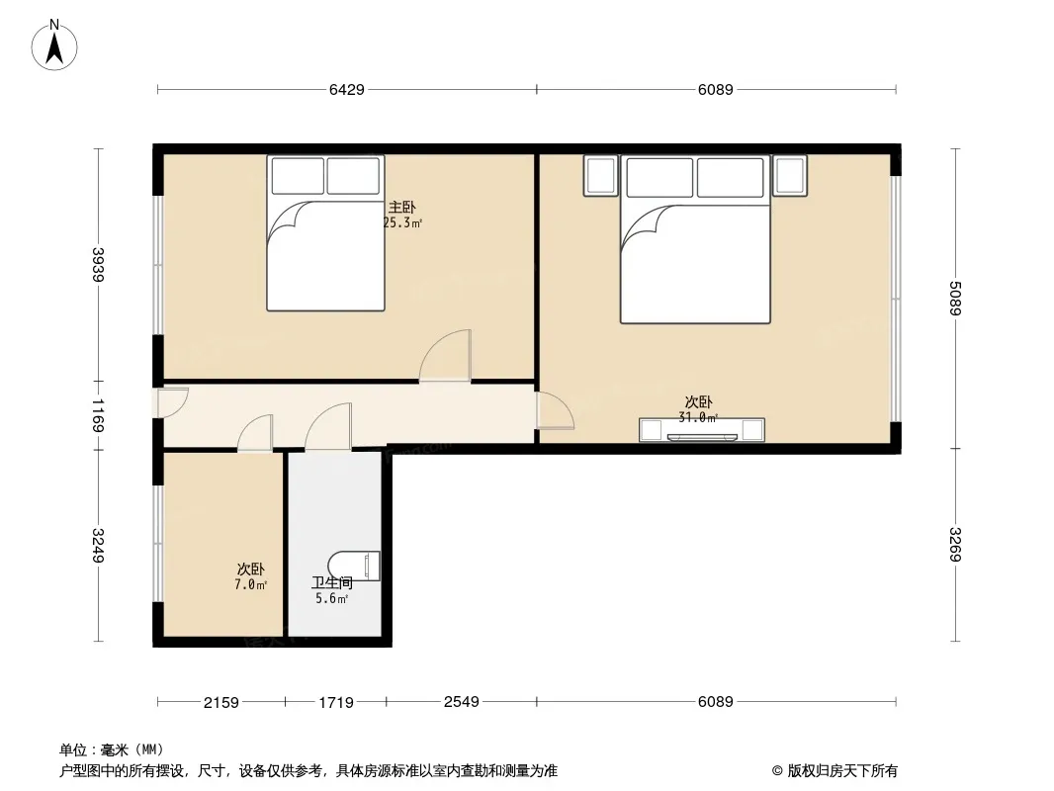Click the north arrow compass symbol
pos(54,45)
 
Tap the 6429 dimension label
pos(347,89)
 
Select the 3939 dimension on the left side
pos(98,265)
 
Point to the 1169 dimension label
pos(98,415)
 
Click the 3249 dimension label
pos(98,546)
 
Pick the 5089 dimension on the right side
pos(955,298)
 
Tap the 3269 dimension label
pos(955,545)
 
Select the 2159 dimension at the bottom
pos(221,702)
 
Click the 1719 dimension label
pos(336,702)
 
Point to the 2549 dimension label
pos(461,702)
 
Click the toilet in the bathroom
pos(355,566)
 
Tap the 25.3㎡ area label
pos(402,223)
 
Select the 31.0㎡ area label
pos(698,417)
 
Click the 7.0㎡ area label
pos(251,584)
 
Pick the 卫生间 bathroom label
pos(332,582)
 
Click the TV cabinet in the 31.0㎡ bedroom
pos(701,430)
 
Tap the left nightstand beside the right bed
pos(600,175)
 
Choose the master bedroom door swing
pos(445,356)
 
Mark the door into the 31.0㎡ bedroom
pos(555,410)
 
